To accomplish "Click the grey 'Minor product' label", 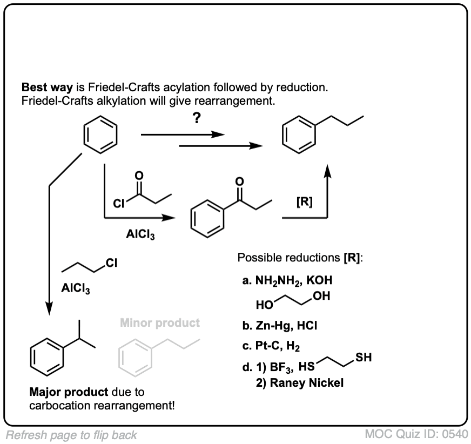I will click(x=159, y=323).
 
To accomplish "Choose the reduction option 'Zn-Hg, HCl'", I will click(x=286, y=325).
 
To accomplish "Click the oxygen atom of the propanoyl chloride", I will click(x=139, y=176).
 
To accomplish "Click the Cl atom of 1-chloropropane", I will click(x=111, y=264).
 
